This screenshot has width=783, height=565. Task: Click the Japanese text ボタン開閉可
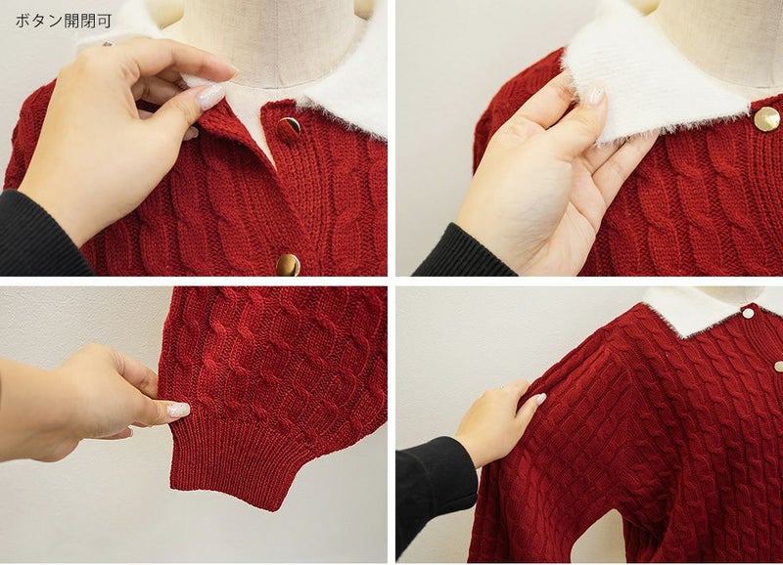tap(64, 21)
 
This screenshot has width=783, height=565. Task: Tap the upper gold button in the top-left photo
tap(288, 129)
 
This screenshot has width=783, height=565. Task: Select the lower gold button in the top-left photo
tap(288, 265)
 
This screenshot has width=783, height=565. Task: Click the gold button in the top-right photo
tap(766, 119)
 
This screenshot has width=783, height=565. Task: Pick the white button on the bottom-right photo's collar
tap(748, 313)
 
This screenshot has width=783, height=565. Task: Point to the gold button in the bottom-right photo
tap(778, 367)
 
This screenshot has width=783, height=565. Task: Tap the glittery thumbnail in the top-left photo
tap(209, 97)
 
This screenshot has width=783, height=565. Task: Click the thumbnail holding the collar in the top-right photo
tap(594, 95)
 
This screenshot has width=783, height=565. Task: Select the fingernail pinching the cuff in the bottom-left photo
tap(178, 410)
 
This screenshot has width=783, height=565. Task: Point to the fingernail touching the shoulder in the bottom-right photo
tap(540, 399)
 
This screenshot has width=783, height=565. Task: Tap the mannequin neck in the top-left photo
tap(275, 40)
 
